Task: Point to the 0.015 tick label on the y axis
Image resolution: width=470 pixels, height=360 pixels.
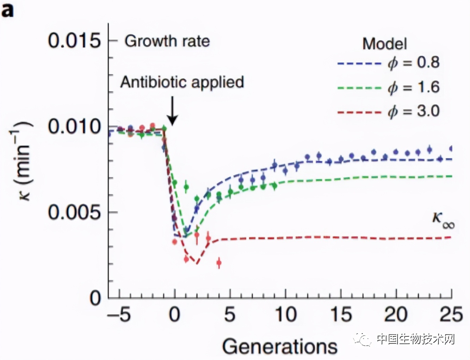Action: point(74,41)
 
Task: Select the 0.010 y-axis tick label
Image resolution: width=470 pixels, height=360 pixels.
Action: point(74,126)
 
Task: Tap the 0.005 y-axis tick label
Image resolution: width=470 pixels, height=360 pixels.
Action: point(74,212)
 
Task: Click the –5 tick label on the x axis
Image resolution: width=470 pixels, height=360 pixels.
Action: point(119,314)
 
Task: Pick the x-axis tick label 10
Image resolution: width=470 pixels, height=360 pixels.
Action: point(285,314)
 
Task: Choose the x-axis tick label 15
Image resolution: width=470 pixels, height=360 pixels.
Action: point(341,314)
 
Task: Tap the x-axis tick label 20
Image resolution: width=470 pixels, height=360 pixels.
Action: point(396,314)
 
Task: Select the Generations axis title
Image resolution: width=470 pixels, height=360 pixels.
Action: point(280,346)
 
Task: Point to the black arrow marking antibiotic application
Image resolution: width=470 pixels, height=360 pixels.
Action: point(172,111)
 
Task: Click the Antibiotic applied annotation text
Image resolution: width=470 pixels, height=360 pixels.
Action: point(182,82)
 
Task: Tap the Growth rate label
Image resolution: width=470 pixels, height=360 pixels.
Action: point(167,41)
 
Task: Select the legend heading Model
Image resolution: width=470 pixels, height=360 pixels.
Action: point(384,44)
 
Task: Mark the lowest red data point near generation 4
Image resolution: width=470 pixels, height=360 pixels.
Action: point(219,262)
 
